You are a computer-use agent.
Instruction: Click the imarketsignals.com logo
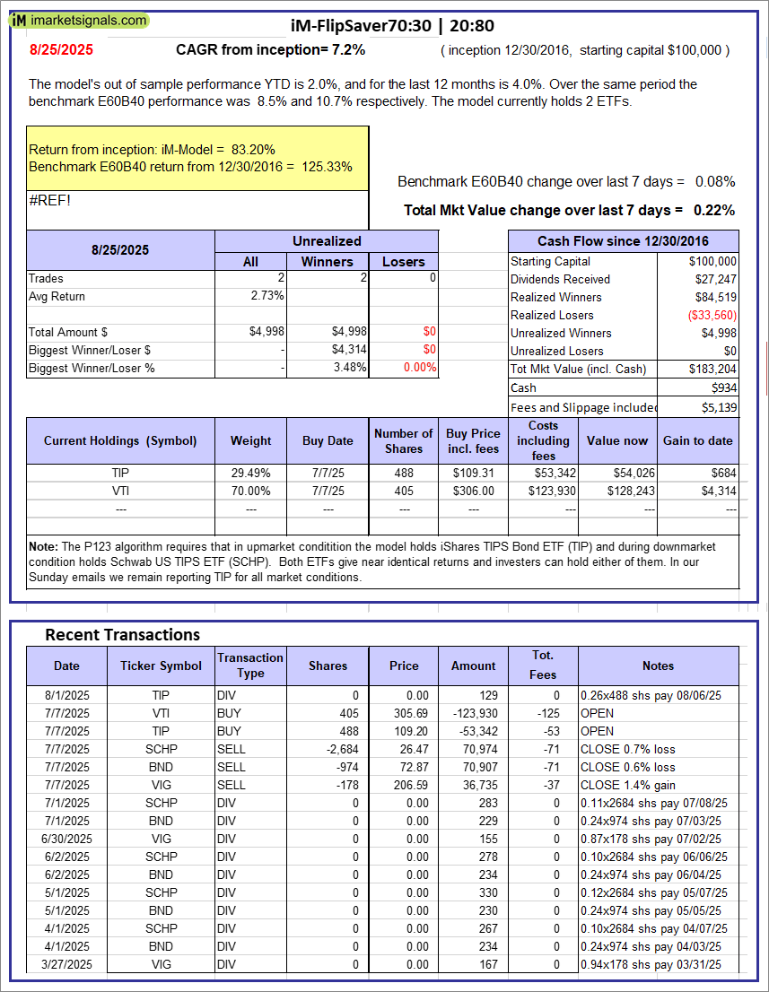tap(80, 20)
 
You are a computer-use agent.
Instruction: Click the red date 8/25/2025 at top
tap(61, 50)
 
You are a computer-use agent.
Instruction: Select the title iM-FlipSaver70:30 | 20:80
tap(393, 26)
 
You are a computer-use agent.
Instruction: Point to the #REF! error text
tap(50, 200)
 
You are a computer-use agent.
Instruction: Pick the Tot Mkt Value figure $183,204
tap(712, 369)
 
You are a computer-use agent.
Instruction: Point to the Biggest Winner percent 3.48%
tap(349, 367)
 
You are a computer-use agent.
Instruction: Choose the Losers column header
tap(404, 261)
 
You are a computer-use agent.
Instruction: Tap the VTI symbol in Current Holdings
tap(121, 491)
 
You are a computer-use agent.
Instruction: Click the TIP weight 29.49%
tap(251, 473)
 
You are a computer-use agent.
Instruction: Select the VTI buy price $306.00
tap(473, 491)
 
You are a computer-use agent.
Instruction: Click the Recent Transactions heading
tap(122, 635)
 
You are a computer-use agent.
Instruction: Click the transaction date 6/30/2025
tap(66, 839)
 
